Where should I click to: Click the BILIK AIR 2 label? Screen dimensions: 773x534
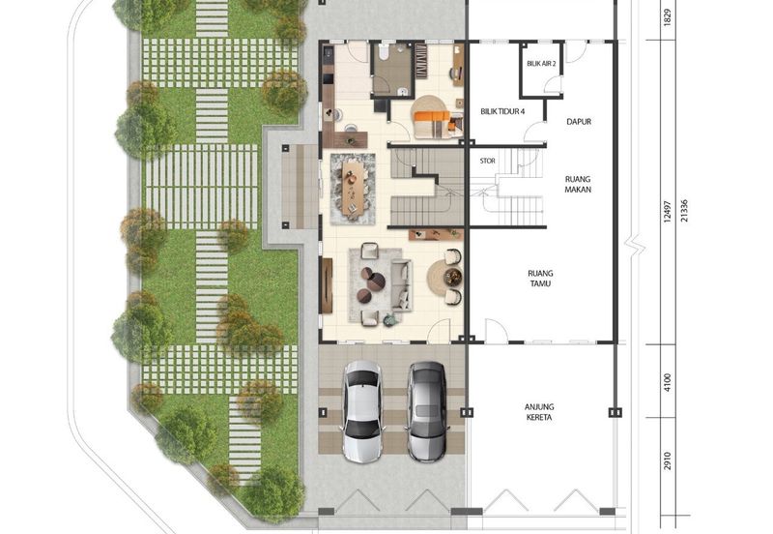pyautogui.click(x=541, y=64)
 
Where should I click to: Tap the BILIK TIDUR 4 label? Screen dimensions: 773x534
pyautogui.click(x=502, y=111)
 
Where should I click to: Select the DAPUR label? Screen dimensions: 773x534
pyautogui.click(x=579, y=122)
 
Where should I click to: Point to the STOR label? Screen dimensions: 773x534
pyautogui.click(x=488, y=161)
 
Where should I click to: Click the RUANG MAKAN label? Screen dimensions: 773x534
pyautogui.click(x=578, y=184)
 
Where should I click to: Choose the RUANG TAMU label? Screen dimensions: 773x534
pyautogui.click(x=540, y=279)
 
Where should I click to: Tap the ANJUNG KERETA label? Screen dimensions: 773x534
pyautogui.click(x=539, y=412)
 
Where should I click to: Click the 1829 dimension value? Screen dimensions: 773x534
pyautogui.click(x=668, y=18)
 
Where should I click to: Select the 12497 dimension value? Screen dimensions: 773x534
pyautogui.click(x=668, y=212)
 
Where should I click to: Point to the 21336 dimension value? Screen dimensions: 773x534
pyautogui.click(x=684, y=211)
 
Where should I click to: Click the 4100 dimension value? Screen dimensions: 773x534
pyautogui.click(x=668, y=382)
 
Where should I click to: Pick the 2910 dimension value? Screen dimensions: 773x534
pyautogui.click(x=668, y=460)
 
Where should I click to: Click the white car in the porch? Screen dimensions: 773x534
pyautogui.click(x=362, y=411)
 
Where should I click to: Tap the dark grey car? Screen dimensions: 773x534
pyautogui.click(x=426, y=411)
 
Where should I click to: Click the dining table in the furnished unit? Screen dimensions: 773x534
pyautogui.click(x=353, y=189)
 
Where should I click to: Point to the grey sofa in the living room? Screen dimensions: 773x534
pyautogui.click(x=401, y=284)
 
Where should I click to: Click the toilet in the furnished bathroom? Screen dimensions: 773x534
pyautogui.click(x=385, y=51)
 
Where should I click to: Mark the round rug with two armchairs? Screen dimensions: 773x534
pyautogui.click(x=444, y=278)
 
